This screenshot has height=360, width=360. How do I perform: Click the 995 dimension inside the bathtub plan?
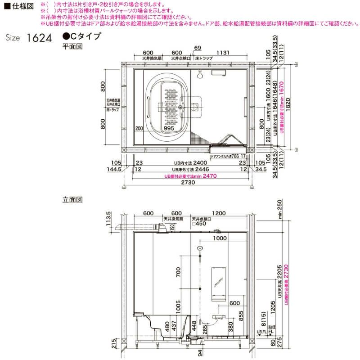click(x=169, y=128)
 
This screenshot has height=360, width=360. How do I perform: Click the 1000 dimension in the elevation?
click(x=220, y=238)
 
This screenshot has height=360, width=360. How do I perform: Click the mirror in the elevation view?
click(x=218, y=283)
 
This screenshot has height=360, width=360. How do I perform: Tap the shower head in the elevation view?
click(x=199, y=248)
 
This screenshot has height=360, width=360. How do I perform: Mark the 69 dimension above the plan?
click(x=198, y=48)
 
